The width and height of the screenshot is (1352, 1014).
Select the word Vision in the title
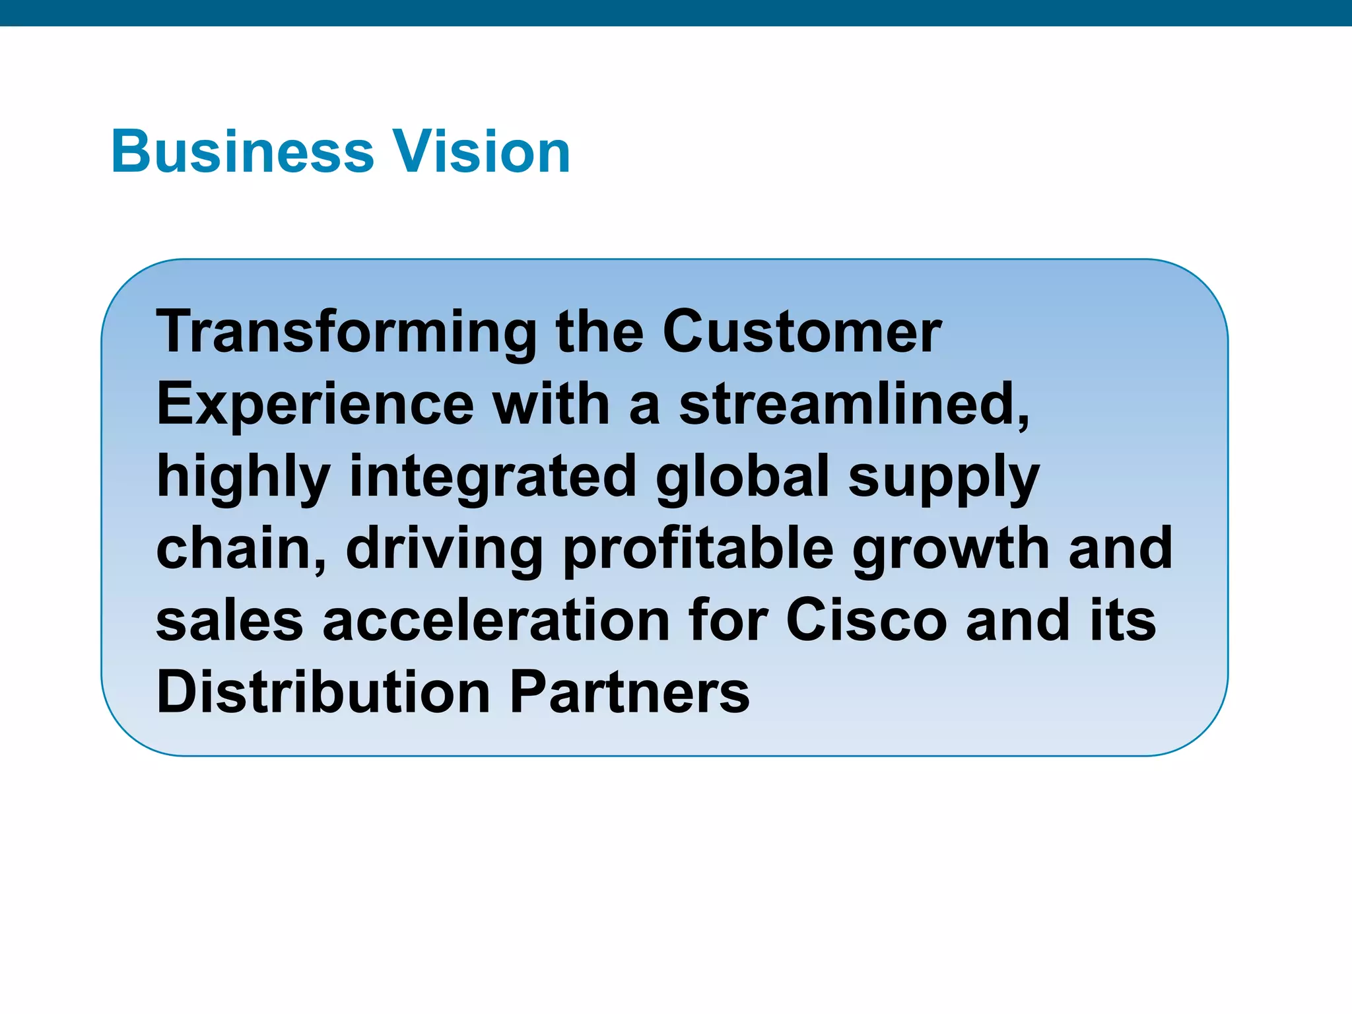tap(482, 152)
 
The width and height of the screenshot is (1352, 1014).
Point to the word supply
tap(944, 479)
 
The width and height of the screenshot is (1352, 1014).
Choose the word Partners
tap(630, 693)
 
